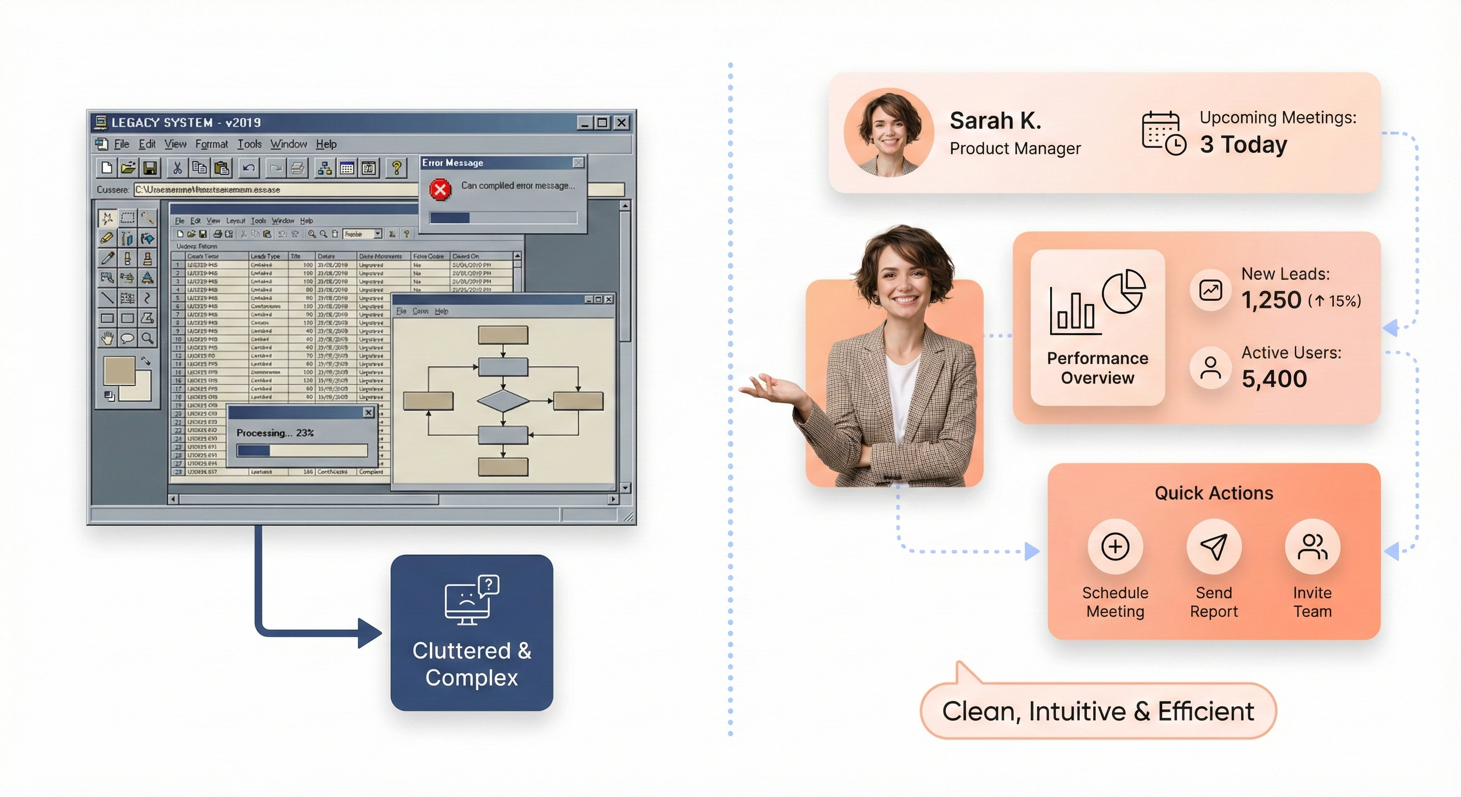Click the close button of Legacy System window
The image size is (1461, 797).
coord(622,122)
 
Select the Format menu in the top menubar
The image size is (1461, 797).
coord(212,144)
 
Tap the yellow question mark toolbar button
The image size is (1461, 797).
coord(396,168)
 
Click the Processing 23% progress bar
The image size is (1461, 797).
coord(302,450)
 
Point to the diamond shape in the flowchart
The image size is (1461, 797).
coord(503,401)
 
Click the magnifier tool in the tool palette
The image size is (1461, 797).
coord(147,339)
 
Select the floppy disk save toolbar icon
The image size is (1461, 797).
coord(150,168)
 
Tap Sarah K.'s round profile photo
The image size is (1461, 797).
coord(889,133)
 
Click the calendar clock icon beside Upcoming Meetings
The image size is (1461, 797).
coord(1163,133)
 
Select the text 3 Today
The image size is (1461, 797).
coord(1243,145)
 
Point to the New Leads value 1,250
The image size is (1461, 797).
coord(1271,300)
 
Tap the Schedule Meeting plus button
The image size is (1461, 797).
coord(1115,547)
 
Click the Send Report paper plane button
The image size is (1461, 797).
coord(1214,547)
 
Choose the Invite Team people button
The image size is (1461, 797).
coord(1313,547)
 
